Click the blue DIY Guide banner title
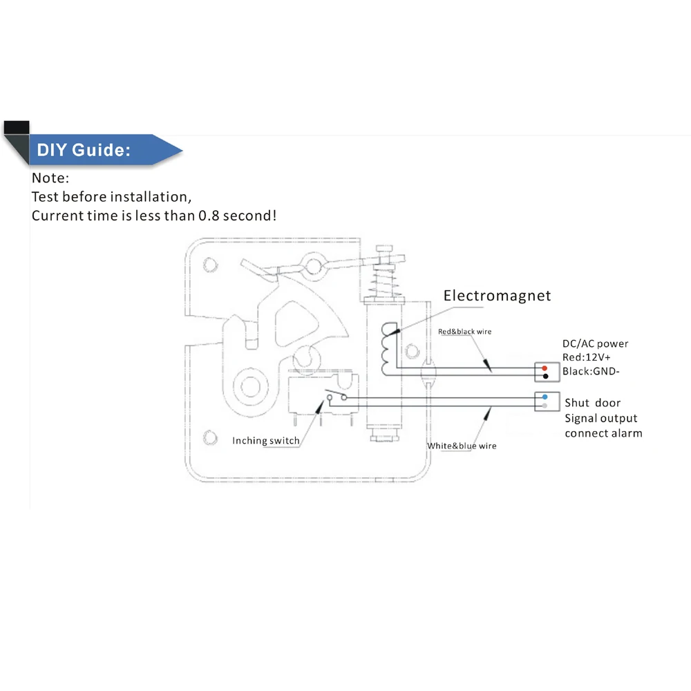point(84,150)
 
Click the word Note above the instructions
point(50,179)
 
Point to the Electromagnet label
point(497,296)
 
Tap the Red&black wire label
point(464,332)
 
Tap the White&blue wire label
point(462,446)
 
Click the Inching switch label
point(266,441)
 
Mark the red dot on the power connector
point(545,368)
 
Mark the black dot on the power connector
point(545,377)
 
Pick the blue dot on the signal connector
point(545,397)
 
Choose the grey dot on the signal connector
point(545,406)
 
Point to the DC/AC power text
point(595,343)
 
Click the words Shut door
point(592,403)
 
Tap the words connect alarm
point(603,433)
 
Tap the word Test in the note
point(46,197)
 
